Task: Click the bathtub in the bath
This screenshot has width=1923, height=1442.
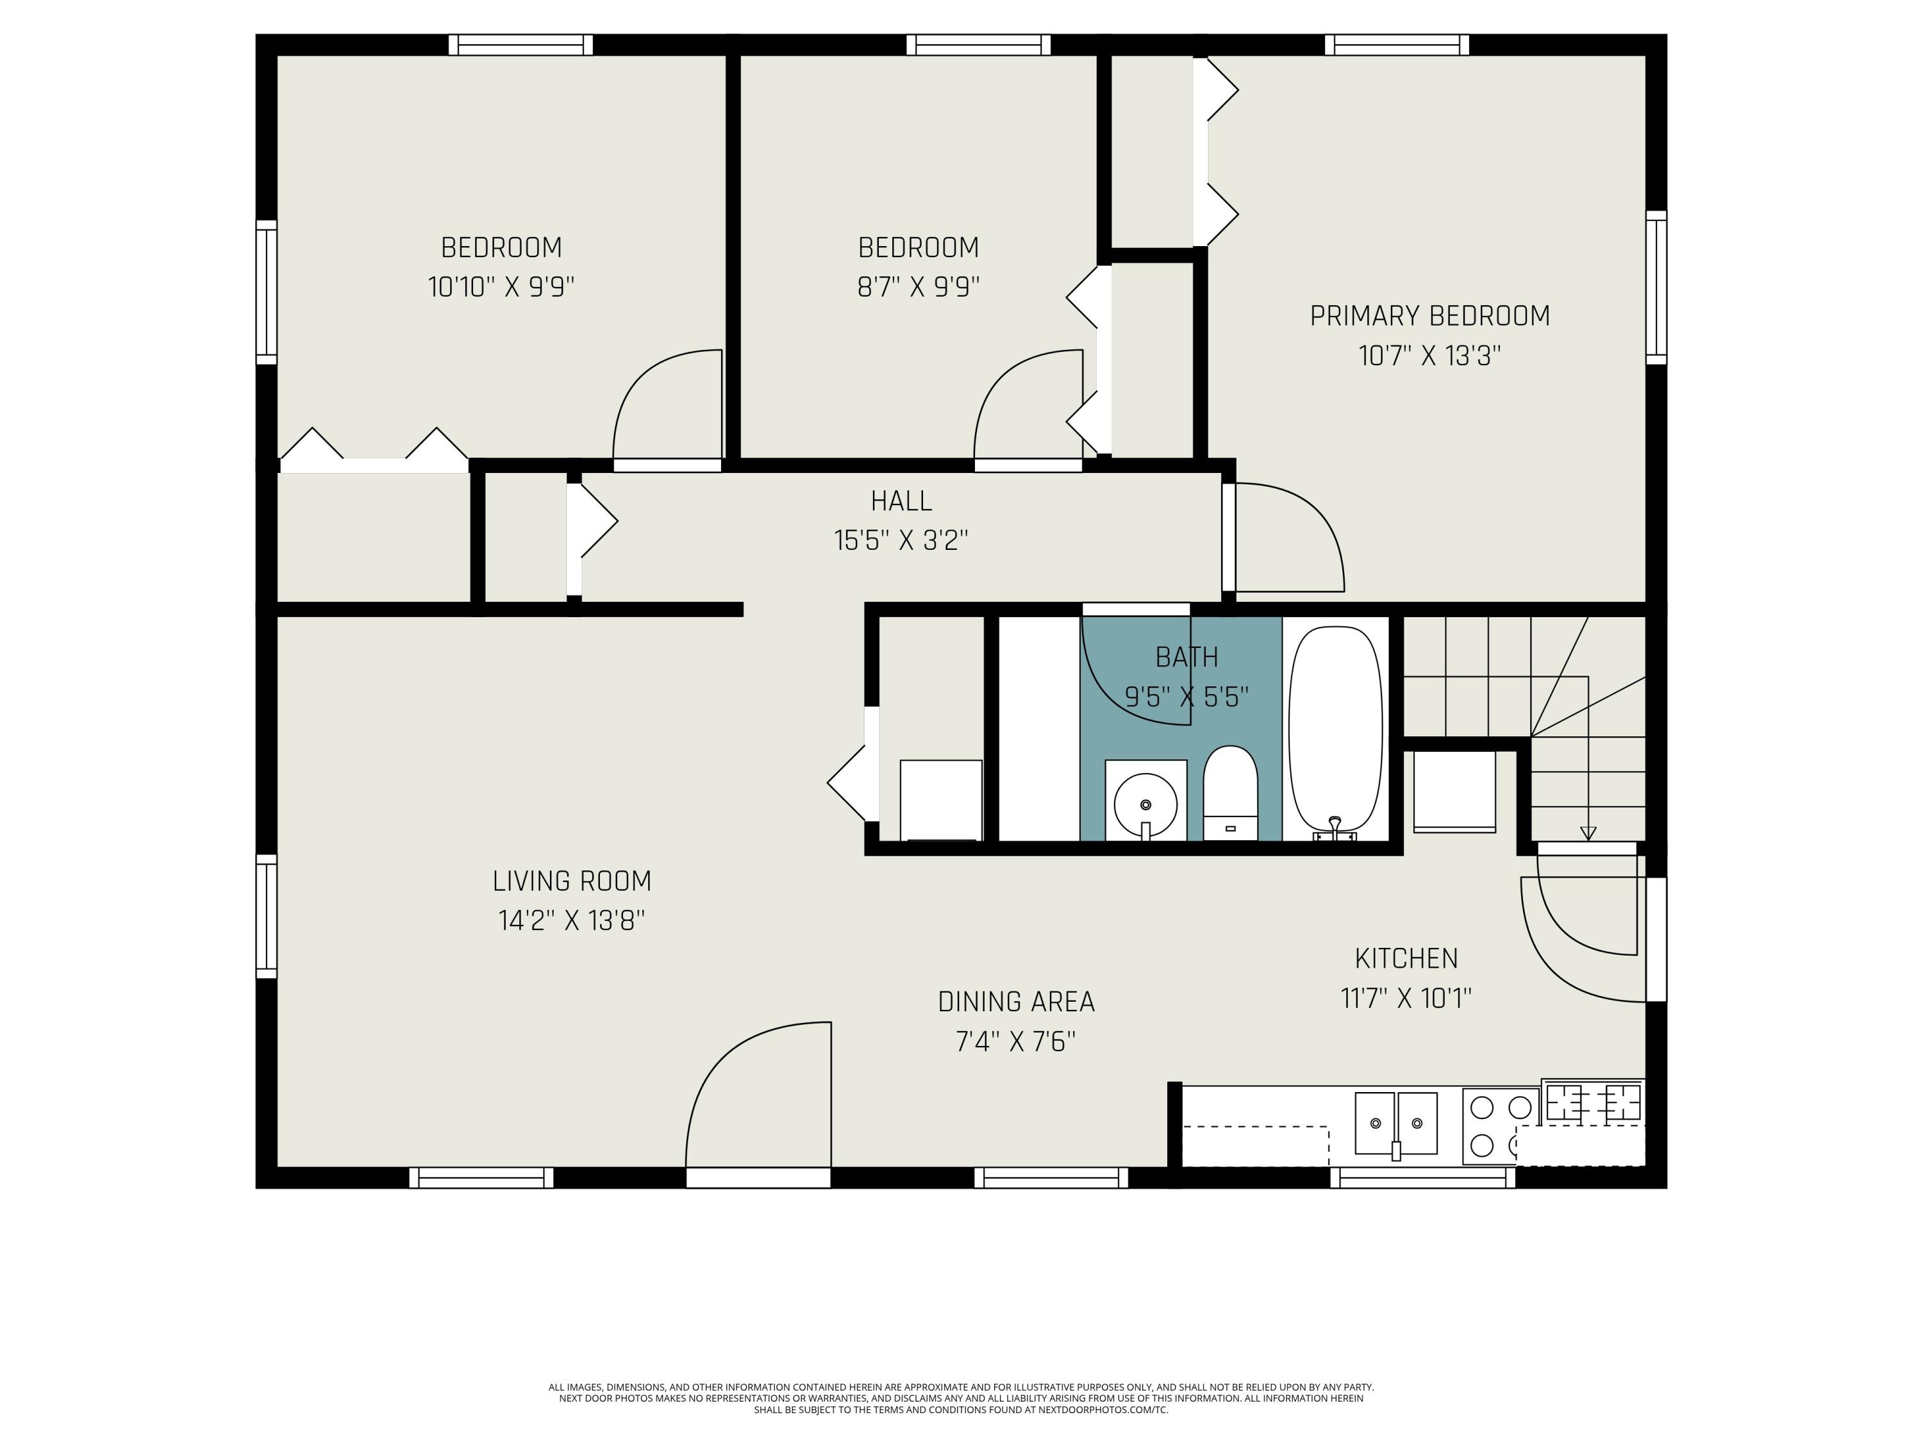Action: pyautogui.click(x=1335, y=733)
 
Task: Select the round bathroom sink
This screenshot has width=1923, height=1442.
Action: pyautogui.click(x=1146, y=804)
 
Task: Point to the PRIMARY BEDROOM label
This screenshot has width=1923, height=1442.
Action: pyautogui.click(x=1430, y=315)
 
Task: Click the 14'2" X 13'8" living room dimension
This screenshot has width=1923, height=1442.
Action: pyautogui.click(x=571, y=920)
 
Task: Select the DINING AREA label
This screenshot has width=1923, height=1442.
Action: pyautogui.click(x=1016, y=1002)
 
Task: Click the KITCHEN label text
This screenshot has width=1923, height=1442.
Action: pyautogui.click(x=1406, y=959)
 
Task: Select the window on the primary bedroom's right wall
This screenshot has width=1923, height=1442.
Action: pyautogui.click(x=1657, y=287)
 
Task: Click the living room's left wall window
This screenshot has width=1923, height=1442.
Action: pyautogui.click(x=266, y=916)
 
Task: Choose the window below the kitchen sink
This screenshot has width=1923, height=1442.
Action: pyautogui.click(x=1423, y=1178)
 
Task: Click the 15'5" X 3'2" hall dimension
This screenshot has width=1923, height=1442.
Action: pyautogui.click(x=901, y=541)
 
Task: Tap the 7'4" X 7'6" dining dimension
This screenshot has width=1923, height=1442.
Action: pyautogui.click(x=1016, y=1041)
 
